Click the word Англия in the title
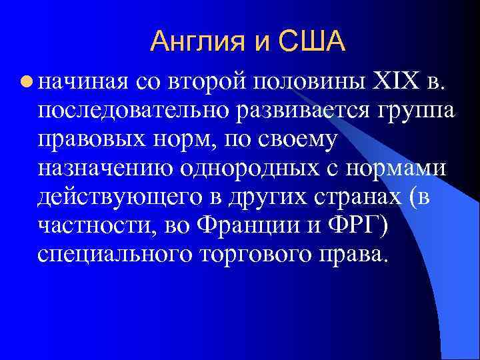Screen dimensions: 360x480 pyautogui.click(x=195, y=42)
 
